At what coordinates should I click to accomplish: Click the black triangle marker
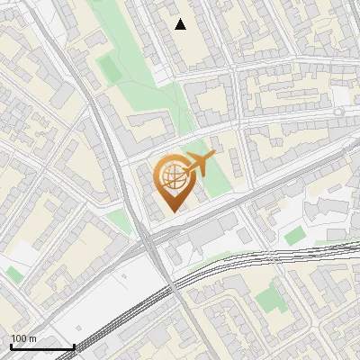pos(181,24)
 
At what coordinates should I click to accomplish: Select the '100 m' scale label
pos(24,338)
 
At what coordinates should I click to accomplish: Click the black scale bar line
pos(42,346)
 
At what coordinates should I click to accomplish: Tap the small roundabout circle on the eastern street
pos(338,110)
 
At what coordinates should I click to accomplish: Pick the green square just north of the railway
pos(295,236)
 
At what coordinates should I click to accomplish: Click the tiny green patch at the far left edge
pos(13,274)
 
